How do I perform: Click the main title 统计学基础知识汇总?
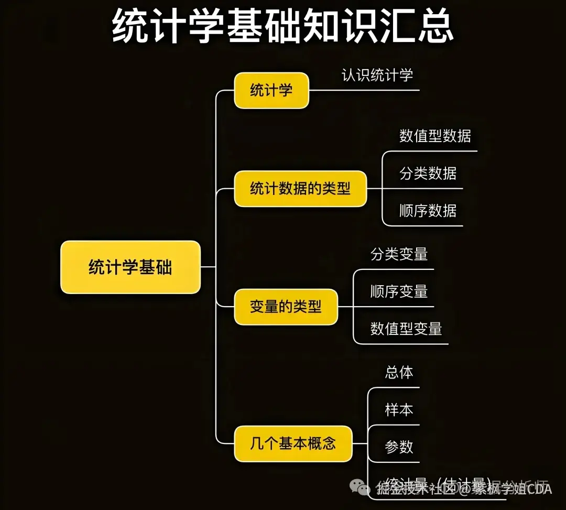click(x=283, y=25)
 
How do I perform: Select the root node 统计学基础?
click(x=130, y=267)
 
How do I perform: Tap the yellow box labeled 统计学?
click(x=271, y=91)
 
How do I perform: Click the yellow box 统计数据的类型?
click(x=300, y=189)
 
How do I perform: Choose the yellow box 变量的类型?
click(x=286, y=307)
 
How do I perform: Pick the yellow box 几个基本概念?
click(x=293, y=444)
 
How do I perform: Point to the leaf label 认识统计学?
click(x=377, y=75)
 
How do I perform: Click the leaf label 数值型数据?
click(x=435, y=136)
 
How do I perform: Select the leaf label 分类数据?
click(x=428, y=173)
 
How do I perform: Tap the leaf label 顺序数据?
click(x=428, y=211)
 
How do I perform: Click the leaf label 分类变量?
click(x=399, y=254)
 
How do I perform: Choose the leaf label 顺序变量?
click(x=399, y=291)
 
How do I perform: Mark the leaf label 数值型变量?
click(x=406, y=329)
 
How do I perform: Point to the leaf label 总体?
click(x=399, y=373)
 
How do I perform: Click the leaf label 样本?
click(x=399, y=410)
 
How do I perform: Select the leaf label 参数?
click(x=399, y=447)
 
